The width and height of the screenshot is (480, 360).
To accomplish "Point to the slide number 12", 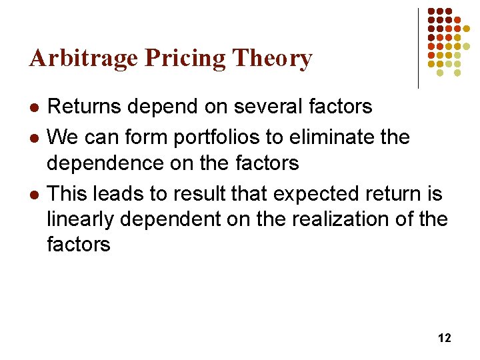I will pos(444,338).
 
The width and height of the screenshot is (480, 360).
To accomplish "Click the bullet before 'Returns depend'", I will pos(34,107).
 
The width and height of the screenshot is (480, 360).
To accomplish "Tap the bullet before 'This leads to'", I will pos(34,195).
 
